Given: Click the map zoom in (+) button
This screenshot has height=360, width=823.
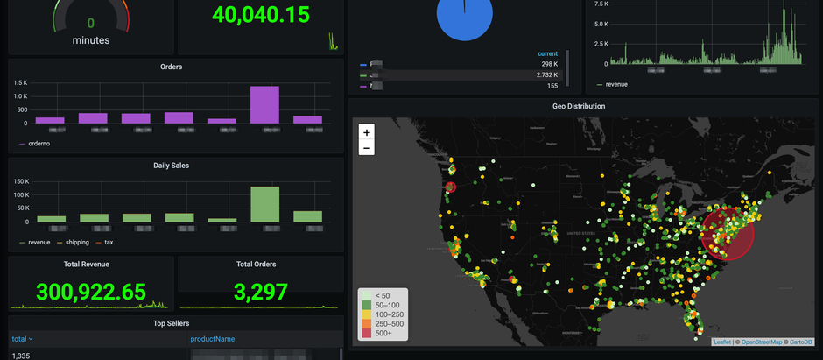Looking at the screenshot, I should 367,132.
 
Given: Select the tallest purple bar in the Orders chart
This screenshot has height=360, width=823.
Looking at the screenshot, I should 264,104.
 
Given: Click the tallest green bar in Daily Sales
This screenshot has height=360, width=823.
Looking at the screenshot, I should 264,203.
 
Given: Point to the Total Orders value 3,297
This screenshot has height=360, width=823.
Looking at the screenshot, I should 257,291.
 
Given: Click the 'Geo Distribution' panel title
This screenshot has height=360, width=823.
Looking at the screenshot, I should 579,106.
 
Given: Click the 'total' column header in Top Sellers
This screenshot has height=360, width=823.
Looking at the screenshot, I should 19,338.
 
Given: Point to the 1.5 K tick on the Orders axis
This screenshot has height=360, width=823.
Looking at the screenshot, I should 21,83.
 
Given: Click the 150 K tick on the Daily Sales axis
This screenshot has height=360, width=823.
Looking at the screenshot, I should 20,181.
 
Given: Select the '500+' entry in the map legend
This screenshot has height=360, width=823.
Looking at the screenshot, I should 383,333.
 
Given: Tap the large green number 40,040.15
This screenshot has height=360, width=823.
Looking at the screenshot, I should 261,15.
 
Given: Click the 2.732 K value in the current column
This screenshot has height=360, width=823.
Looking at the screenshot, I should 546,75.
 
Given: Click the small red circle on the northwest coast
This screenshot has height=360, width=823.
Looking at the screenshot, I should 451,187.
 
